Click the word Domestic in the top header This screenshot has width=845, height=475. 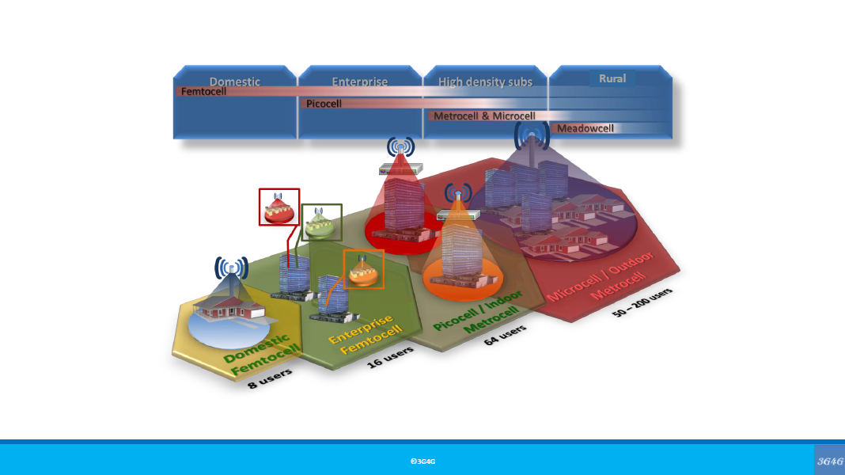click(234, 82)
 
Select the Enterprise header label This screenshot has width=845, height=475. click(360, 82)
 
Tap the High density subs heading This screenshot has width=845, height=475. click(485, 82)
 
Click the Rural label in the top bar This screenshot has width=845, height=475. click(612, 78)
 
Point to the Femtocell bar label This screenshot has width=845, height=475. click(203, 92)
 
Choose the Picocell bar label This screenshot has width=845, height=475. click(324, 104)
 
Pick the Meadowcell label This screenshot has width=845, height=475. click(585, 128)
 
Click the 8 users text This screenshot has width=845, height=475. click(270, 378)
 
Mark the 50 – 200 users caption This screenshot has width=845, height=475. click(642, 303)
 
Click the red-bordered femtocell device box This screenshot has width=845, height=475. click(279, 207)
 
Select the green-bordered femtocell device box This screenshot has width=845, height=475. click(322, 222)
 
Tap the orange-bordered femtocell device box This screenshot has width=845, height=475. click(363, 269)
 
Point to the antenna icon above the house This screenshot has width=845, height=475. click(231, 269)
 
